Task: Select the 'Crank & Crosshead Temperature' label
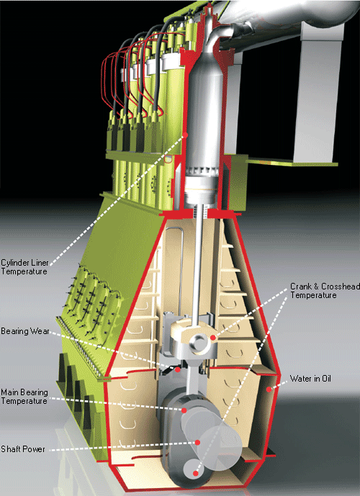pos(313,290)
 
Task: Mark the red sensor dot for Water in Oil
pos(269,389)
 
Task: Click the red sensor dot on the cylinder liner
pos(186,135)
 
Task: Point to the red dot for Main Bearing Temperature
pos(185,410)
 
